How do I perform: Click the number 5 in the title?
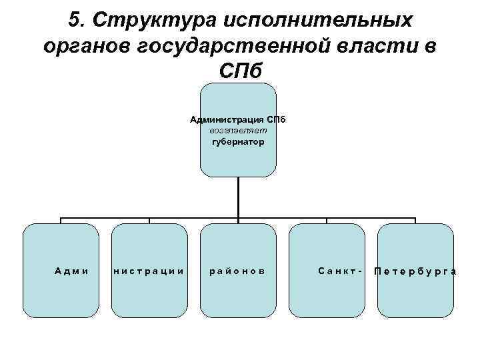point(74,20)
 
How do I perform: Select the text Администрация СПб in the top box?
point(237,120)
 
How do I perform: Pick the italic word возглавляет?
point(237,131)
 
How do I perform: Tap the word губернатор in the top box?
point(237,141)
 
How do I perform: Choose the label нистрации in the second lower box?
point(148,271)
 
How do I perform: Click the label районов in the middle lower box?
point(237,271)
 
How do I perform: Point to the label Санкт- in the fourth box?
point(340,271)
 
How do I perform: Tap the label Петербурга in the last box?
point(415,271)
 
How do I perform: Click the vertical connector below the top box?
point(237,197)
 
